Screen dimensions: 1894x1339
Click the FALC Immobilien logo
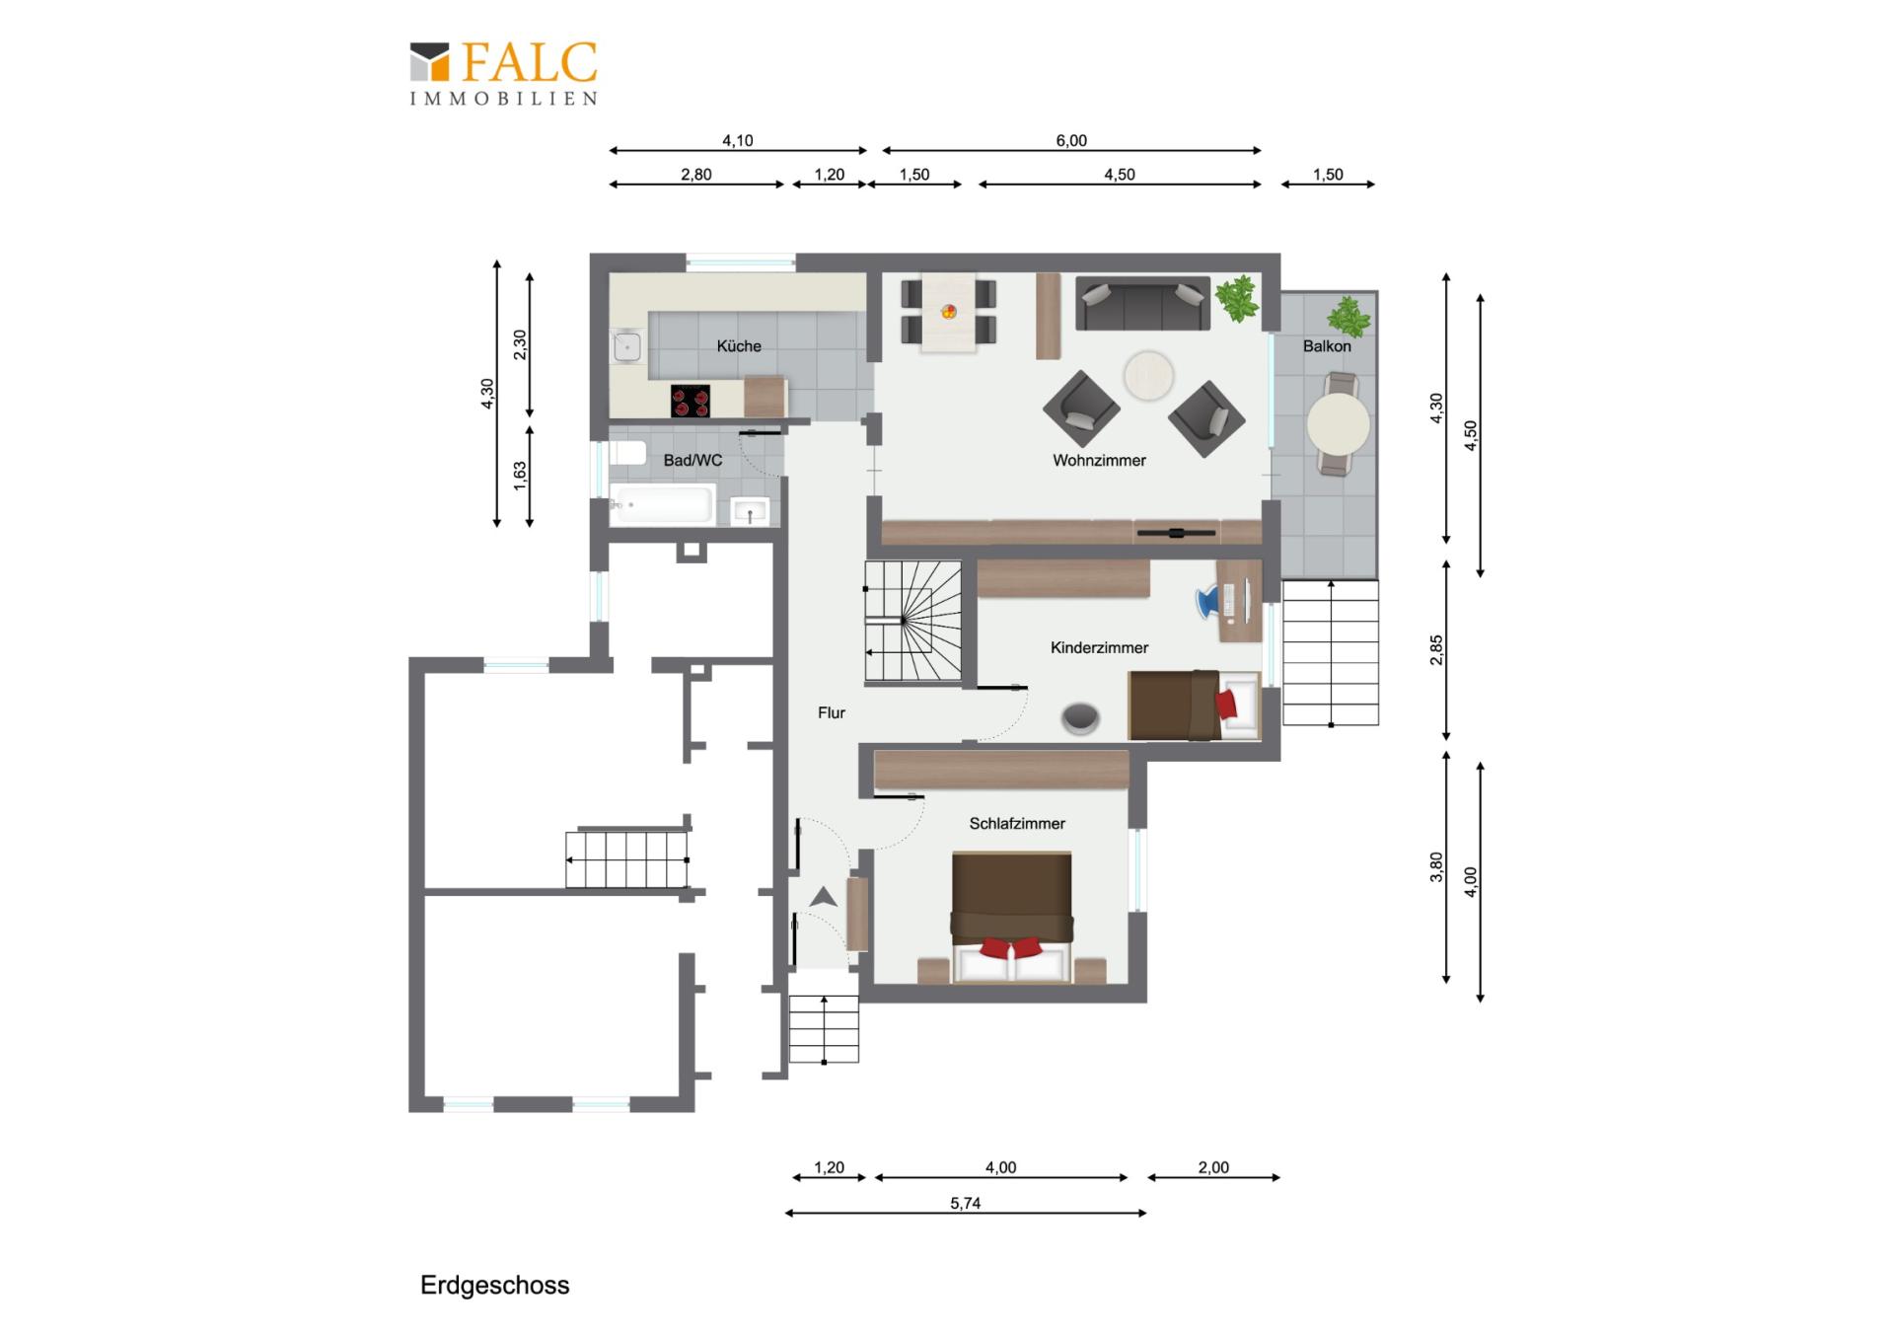503,73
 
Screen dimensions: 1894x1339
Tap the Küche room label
739,346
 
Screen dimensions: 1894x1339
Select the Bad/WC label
692,461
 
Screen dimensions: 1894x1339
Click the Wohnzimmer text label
1099,461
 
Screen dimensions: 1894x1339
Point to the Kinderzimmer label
1099,648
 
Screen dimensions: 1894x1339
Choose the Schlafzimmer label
1017,824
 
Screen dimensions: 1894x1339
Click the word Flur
832,712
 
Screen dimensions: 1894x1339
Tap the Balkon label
1327,346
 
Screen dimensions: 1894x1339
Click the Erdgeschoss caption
495,1286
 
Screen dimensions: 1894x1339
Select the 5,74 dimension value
966,1204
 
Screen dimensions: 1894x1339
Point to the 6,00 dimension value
1071,141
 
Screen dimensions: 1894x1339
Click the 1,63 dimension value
520,476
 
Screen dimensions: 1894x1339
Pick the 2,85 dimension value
1436,650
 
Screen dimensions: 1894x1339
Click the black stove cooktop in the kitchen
691,401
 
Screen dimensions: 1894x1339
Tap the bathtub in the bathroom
662,505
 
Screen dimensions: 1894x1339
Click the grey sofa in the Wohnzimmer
1142,304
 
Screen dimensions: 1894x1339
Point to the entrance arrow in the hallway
824,897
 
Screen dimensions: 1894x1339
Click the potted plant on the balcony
1348,318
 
